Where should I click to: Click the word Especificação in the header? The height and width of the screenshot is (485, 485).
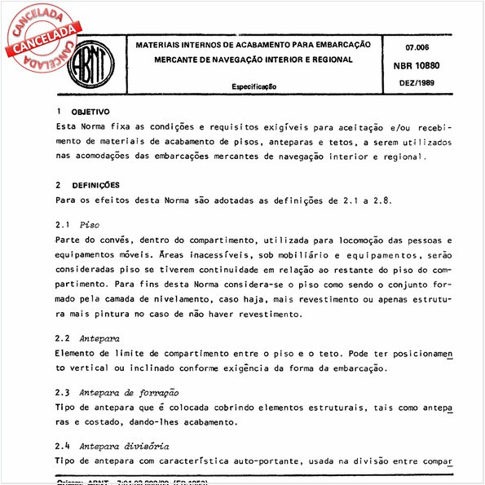pyautogui.click(x=254, y=86)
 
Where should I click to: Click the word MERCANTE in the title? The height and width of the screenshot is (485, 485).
pyautogui.click(x=181, y=60)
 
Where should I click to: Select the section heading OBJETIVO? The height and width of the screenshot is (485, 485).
pyautogui.click(x=90, y=112)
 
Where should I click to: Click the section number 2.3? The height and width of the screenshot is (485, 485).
pyautogui.click(x=62, y=393)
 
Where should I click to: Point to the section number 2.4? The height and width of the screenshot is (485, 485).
pyautogui.click(x=62, y=446)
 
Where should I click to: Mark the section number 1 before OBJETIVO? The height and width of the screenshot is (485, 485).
pyautogui.click(x=57, y=112)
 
